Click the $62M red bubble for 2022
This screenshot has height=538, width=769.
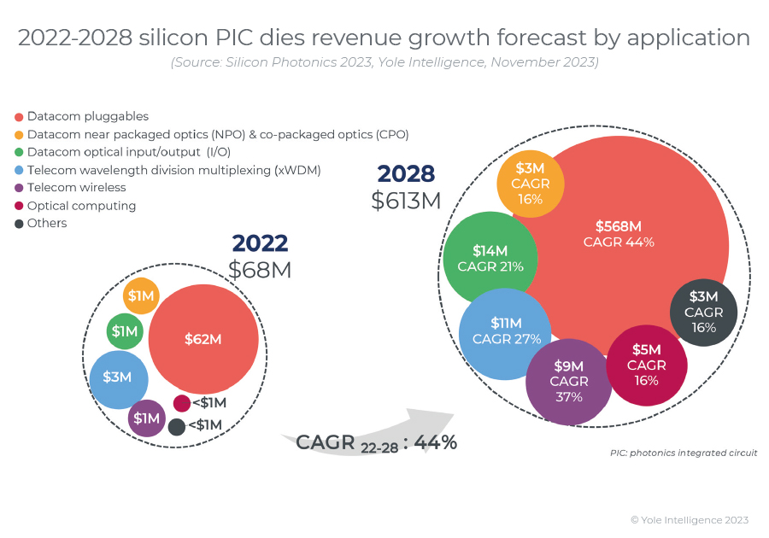[203, 338]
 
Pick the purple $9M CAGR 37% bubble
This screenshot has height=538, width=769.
[568, 383]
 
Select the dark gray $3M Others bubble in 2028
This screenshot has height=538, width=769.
[703, 312]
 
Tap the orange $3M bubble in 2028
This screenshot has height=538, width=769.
[531, 184]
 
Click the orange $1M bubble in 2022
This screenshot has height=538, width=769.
[141, 295]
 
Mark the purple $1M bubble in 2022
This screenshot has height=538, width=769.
[146, 418]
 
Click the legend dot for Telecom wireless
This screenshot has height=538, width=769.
[19, 188]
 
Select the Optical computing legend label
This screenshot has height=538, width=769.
[81, 206]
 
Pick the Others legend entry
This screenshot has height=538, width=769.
[46, 224]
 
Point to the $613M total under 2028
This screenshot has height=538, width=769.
[406, 201]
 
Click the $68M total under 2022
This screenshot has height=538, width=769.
[260, 270]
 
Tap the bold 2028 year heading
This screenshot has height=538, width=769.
[406, 173]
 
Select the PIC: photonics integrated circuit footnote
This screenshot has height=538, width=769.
[683, 453]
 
